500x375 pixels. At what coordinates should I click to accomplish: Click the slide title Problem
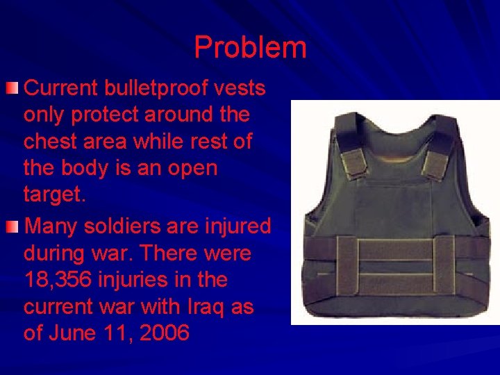(x=250, y=47)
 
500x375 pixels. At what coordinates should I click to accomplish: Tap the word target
(x=53, y=194)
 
